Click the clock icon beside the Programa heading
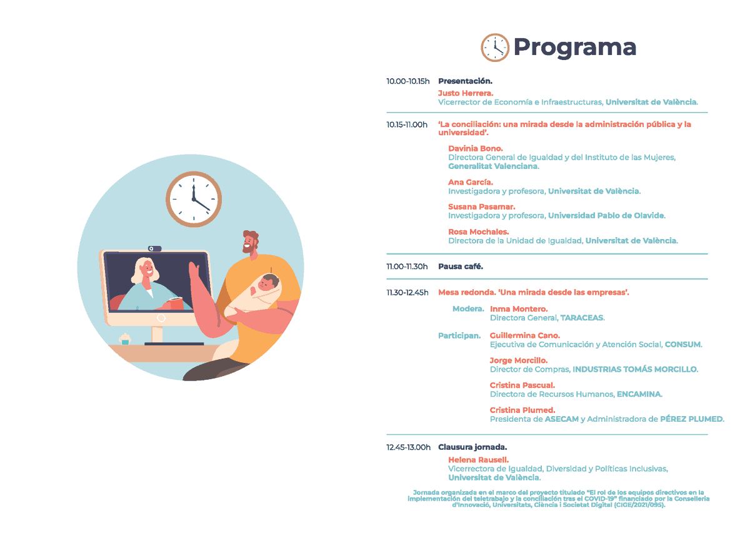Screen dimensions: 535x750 click(x=495, y=48)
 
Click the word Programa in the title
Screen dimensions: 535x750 click(x=574, y=48)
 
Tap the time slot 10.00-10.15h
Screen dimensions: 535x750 click(x=408, y=81)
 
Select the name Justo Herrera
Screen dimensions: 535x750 click(x=466, y=93)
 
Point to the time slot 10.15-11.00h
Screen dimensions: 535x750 click(x=407, y=125)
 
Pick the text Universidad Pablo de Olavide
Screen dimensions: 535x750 click(x=606, y=216)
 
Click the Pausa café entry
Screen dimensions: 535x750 click(x=461, y=267)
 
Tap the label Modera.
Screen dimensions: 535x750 click(x=468, y=309)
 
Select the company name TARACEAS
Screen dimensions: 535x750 click(x=582, y=318)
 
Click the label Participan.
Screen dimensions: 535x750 click(x=459, y=336)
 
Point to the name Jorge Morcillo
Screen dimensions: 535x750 click(x=519, y=360)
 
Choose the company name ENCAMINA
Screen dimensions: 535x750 click(x=639, y=394)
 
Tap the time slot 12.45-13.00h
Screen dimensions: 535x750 click(x=409, y=447)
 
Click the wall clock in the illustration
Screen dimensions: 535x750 click(x=194, y=198)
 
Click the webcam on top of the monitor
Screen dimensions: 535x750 click(x=154, y=248)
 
